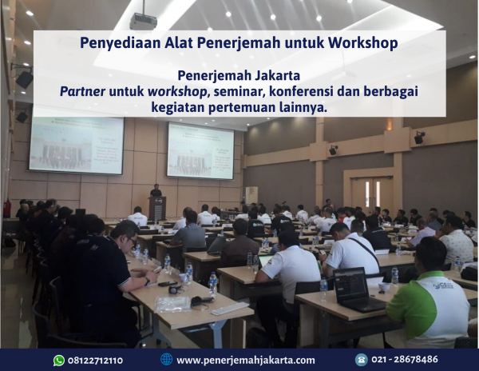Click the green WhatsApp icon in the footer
58,360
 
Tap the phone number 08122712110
94,360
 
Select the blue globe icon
166,360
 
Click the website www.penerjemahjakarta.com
245,360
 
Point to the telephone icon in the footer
361,360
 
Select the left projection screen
76,145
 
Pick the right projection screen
200,150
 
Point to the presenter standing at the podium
156,194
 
